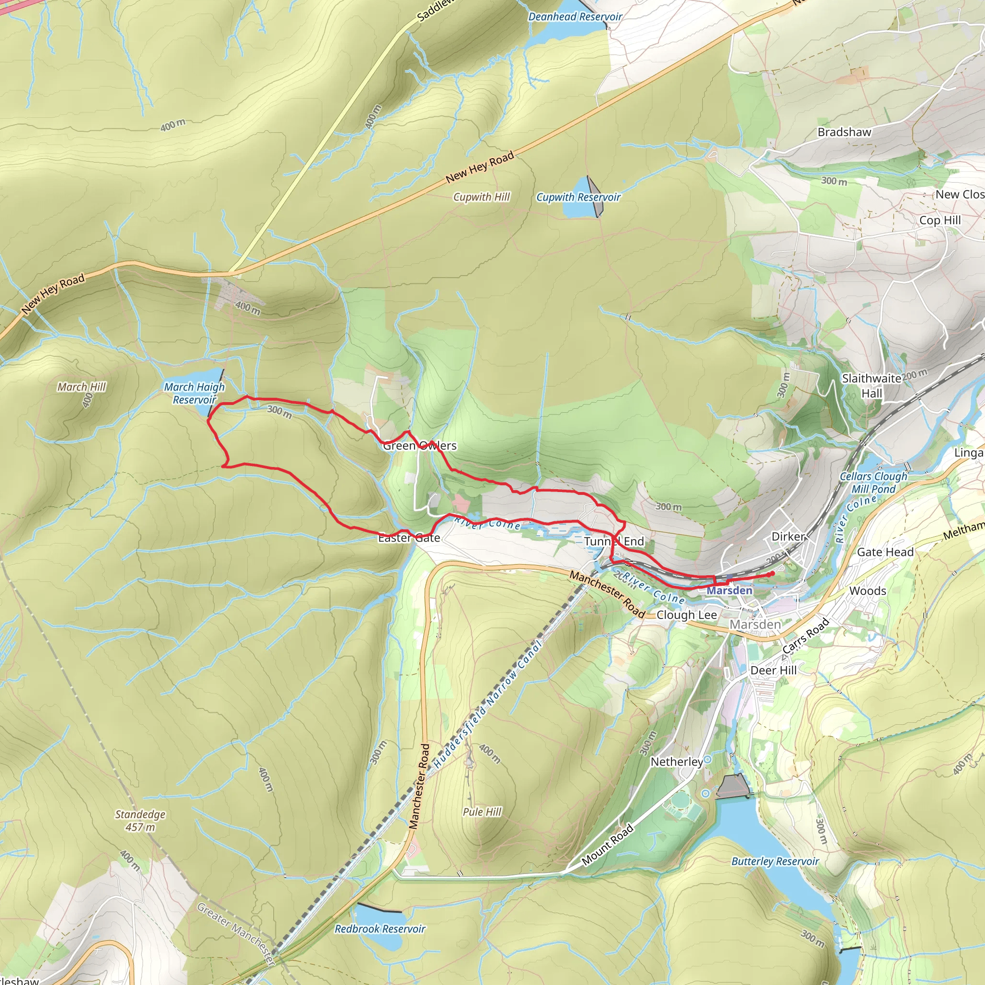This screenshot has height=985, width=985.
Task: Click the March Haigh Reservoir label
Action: coord(194,393)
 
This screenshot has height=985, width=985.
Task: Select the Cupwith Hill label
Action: coord(481,197)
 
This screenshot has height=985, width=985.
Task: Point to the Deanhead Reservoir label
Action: coord(575,17)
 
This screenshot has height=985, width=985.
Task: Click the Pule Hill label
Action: coord(482,812)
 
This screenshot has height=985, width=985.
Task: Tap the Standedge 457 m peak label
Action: coord(140,821)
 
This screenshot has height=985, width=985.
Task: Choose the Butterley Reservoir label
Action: coord(774,861)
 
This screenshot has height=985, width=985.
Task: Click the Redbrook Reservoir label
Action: coord(379,929)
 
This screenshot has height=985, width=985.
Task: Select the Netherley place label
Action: coord(676,762)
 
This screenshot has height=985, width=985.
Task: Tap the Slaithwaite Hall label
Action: coord(871,385)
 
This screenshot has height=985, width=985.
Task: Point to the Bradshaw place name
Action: coord(844,132)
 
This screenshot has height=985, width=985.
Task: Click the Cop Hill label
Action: coord(940,220)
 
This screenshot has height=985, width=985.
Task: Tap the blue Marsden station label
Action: coord(729,591)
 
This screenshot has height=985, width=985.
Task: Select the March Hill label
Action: coord(81,387)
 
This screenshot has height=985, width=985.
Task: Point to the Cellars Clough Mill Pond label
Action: coord(873,482)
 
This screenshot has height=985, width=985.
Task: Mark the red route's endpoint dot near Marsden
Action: coord(772,574)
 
